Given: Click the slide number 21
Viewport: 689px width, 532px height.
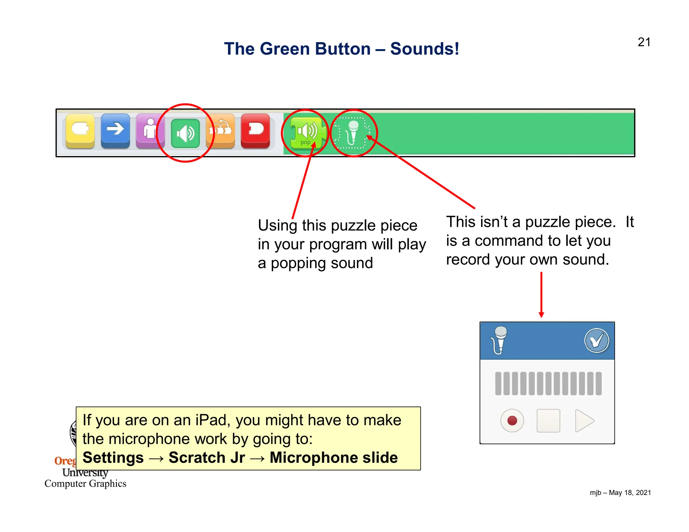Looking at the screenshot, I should [x=644, y=42].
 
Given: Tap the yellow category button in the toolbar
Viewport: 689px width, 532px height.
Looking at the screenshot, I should [x=80, y=130].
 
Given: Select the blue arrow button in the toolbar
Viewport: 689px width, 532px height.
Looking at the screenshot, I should [x=115, y=130].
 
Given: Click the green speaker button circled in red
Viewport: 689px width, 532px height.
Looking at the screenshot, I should [x=185, y=133].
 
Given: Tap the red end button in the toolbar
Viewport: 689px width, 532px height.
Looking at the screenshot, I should [x=255, y=130].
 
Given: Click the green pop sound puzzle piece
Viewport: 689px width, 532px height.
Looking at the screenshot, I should [x=306, y=133].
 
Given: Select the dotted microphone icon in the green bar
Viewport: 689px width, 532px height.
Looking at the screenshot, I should [x=353, y=133].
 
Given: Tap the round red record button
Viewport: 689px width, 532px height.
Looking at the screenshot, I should [x=512, y=420].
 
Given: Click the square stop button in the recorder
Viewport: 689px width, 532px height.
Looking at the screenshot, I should [x=548, y=420].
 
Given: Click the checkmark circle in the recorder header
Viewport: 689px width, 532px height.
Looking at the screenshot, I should [x=596, y=341].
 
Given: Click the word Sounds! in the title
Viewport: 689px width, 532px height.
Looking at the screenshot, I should [x=425, y=49].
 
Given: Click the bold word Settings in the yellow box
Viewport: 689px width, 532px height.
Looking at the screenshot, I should [x=113, y=458].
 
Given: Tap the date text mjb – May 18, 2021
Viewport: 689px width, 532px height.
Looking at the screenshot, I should [x=620, y=493].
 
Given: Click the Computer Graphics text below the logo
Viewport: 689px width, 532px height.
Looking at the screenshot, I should [x=85, y=484].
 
